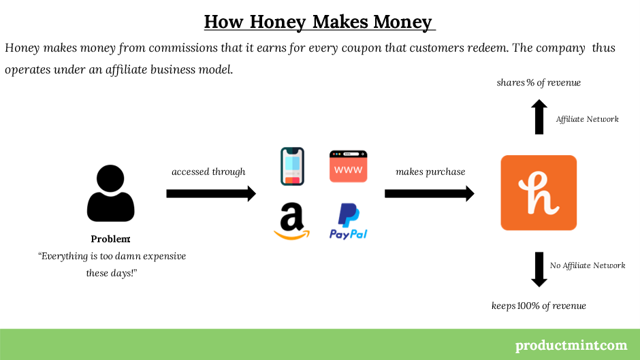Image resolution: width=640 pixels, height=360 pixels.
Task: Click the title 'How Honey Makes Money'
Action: [x=319, y=22]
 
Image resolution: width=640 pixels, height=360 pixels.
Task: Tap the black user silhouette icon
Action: [x=110, y=193]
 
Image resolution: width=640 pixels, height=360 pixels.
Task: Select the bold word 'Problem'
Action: [x=110, y=239]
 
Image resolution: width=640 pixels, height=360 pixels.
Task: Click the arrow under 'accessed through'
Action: [x=211, y=193]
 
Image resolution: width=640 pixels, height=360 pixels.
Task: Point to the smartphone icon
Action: [x=292, y=167]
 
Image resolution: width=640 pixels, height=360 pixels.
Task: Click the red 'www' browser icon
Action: [x=348, y=166]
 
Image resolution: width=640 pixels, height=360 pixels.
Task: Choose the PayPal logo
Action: [x=348, y=221]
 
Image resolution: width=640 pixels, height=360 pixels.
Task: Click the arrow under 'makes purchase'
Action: [x=430, y=193]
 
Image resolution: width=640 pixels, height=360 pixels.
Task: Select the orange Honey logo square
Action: [x=539, y=193]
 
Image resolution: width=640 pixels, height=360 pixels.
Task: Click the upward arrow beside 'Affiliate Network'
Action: [x=539, y=117]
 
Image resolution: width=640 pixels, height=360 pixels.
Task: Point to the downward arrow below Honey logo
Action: [x=539, y=269]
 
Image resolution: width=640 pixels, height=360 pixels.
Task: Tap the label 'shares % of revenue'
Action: [x=539, y=82]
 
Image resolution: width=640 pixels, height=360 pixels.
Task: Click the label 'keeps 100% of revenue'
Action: [x=539, y=306]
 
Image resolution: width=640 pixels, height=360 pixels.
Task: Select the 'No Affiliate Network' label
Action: [x=588, y=265]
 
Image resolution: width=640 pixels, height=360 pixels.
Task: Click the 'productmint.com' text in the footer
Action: [x=571, y=345]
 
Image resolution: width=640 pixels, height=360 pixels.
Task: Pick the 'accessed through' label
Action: [x=208, y=172]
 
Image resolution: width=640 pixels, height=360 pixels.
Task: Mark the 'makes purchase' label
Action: [x=430, y=172]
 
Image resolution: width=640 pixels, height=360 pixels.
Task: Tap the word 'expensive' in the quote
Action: [x=164, y=257]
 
